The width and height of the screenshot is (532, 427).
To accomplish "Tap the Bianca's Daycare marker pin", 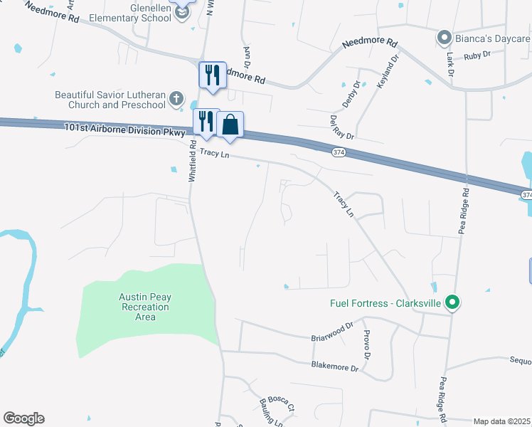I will click(x=445, y=37).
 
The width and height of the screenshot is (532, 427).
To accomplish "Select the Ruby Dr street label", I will click(x=477, y=55).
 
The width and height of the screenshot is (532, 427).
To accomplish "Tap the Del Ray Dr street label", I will click(x=342, y=127).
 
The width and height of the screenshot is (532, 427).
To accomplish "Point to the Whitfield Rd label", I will click(x=192, y=162).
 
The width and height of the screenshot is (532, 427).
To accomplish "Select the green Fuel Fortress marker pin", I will click(x=451, y=303).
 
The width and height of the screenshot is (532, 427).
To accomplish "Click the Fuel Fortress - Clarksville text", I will click(x=385, y=302).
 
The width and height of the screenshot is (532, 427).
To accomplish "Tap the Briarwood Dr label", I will click(x=332, y=332).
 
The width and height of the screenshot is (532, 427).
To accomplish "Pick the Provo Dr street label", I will click(x=367, y=344).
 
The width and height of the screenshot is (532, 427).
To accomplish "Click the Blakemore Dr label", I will click(x=334, y=367).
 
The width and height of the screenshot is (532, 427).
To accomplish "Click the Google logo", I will click(x=23, y=418).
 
